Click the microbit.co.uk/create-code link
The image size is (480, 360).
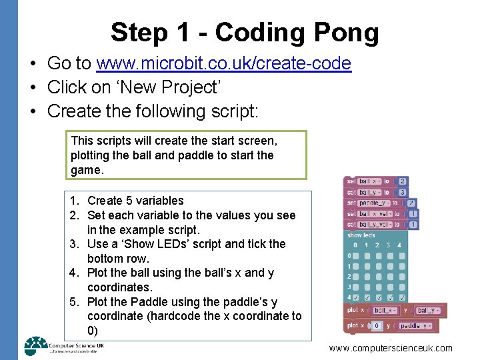pyautogui.click(x=223, y=63)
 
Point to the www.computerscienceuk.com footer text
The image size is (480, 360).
pyautogui.click(x=391, y=348)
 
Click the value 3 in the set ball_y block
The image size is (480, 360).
pyautogui.click(x=403, y=192)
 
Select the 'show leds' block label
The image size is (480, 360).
pyautogui.click(x=361, y=235)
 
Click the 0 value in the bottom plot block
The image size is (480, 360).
pyautogui.click(x=377, y=326)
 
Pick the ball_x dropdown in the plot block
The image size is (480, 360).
pyautogui.click(x=385, y=310)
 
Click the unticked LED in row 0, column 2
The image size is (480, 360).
pyautogui.click(x=377, y=255)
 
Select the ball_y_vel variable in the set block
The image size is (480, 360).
pyautogui.click(x=376, y=225)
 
